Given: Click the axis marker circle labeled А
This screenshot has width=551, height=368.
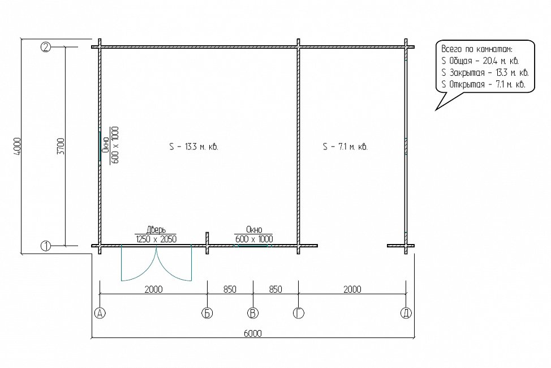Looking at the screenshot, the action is tap(100, 313).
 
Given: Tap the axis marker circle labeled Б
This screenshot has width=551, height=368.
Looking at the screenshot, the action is tap(207, 313).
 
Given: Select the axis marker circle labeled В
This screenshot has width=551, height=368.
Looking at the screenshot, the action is tap(253, 313).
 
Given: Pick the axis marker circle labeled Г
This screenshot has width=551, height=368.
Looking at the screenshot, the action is tap(298, 313).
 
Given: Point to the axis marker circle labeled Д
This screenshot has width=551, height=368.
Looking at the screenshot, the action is tap(406, 313).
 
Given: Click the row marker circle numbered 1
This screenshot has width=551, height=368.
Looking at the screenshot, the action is tap(46, 246).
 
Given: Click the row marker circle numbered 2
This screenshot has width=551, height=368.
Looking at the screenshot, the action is tap(46, 47).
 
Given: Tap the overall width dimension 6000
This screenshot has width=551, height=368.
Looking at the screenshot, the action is tap(253, 333).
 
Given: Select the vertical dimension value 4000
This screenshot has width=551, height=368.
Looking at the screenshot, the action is tap(18, 146).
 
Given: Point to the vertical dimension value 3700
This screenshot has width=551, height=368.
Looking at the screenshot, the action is tap(61, 146).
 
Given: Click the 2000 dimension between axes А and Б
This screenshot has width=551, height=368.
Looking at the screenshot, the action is tap(153, 289).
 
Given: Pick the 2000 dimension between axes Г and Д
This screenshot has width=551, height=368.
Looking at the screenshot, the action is tap(352, 289).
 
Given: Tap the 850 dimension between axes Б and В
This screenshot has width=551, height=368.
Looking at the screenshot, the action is tap(230, 289).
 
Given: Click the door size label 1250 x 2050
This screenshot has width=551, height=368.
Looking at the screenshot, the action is tap(156, 239).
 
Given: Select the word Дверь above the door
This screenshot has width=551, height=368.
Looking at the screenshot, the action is tap(156, 230).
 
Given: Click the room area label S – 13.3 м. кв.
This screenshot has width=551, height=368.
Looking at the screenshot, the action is tap(193, 147).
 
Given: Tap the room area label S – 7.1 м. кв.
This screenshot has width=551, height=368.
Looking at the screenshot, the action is tap(346, 147).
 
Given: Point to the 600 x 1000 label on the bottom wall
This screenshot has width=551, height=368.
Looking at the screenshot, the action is tap(253, 239).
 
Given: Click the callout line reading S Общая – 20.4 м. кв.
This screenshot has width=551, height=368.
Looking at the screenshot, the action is tap(480, 61).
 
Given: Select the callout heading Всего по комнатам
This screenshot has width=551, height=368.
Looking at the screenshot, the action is tap(476, 49).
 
